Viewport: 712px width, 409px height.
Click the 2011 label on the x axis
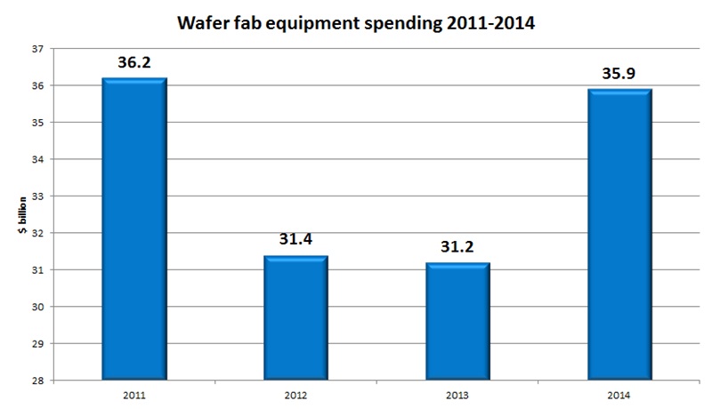(134, 392)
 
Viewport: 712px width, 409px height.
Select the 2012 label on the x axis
(297, 392)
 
